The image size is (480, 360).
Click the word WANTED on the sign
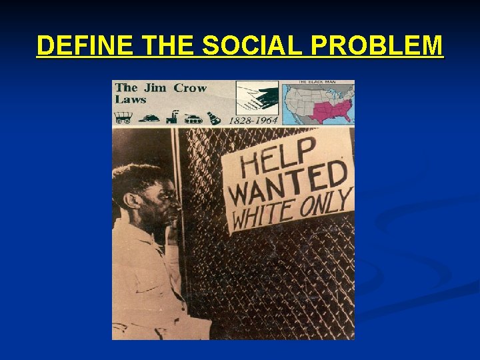tap(287, 185)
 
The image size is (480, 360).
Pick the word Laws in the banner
tap(131, 99)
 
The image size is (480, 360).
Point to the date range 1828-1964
tap(254, 120)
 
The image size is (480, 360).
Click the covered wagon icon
tap(123, 118)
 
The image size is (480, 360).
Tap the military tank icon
tap(193, 119)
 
